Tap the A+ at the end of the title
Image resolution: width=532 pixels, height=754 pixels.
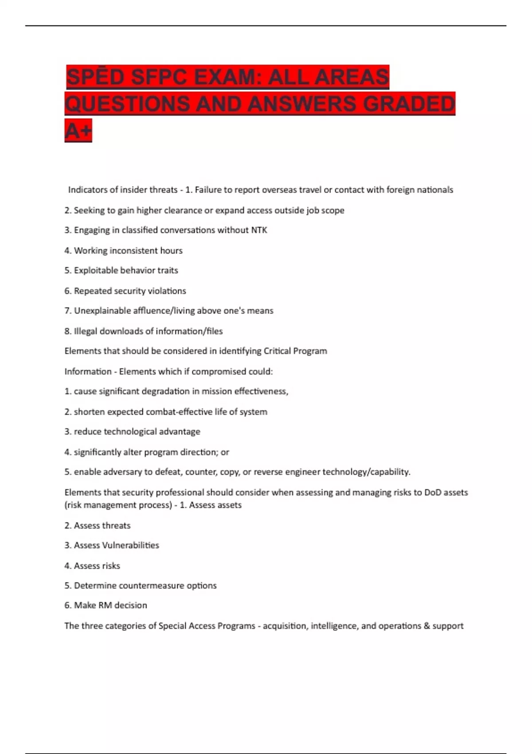coord(78,130)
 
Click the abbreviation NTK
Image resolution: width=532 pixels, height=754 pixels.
coord(259,230)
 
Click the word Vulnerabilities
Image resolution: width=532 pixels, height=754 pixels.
coord(130,546)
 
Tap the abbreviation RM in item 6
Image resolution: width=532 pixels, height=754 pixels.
coord(105,605)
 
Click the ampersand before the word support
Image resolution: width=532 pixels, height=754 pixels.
coord(426,626)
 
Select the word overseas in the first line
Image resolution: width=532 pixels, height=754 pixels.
coord(279,190)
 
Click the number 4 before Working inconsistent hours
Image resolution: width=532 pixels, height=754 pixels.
coord(67,251)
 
